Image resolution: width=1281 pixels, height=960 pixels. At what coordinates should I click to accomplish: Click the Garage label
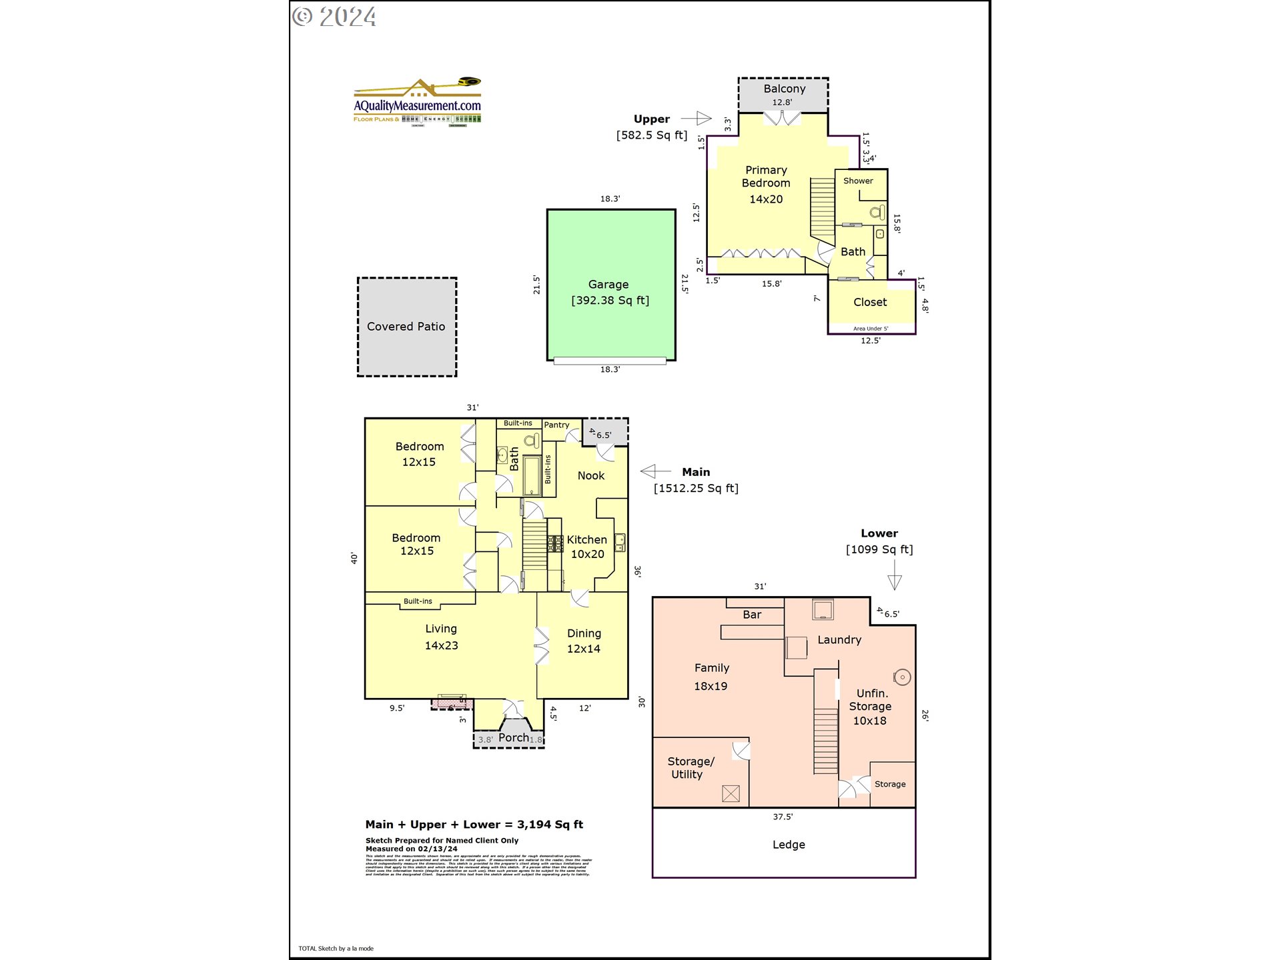(x=608, y=285)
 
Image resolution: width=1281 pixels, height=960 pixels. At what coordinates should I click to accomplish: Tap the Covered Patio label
(x=406, y=327)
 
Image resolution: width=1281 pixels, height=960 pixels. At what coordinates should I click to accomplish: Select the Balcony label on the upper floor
(x=784, y=89)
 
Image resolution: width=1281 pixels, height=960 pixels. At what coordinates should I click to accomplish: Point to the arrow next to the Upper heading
(x=697, y=118)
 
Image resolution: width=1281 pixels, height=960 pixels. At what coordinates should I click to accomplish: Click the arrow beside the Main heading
(x=655, y=471)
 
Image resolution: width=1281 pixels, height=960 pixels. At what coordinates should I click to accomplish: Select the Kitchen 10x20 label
(x=587, y=546)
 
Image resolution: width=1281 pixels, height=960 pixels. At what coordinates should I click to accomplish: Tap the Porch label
(x=513, y=737)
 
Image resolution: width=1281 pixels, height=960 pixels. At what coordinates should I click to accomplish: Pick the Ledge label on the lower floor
(x=789, y=845)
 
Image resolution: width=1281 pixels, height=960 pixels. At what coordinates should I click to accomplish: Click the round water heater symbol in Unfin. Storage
(x=902, y=677)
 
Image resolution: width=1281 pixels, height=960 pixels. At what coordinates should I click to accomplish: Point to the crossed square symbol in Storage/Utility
(x=731, y=793)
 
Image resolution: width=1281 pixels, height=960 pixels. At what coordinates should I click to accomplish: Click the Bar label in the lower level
(x=752, y=615)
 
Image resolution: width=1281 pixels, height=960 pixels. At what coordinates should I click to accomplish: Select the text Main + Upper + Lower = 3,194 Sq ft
(x=474, y=825)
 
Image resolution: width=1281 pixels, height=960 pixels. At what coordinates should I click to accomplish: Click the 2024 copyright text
(x=335, y=17)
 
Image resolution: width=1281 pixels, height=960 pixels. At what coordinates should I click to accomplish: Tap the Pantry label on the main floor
(x=556, y=425)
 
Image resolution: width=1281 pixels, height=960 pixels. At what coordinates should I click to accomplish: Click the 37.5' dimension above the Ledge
(x=783, y=817)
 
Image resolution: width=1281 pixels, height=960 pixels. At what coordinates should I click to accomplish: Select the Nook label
(x=590, y=475)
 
